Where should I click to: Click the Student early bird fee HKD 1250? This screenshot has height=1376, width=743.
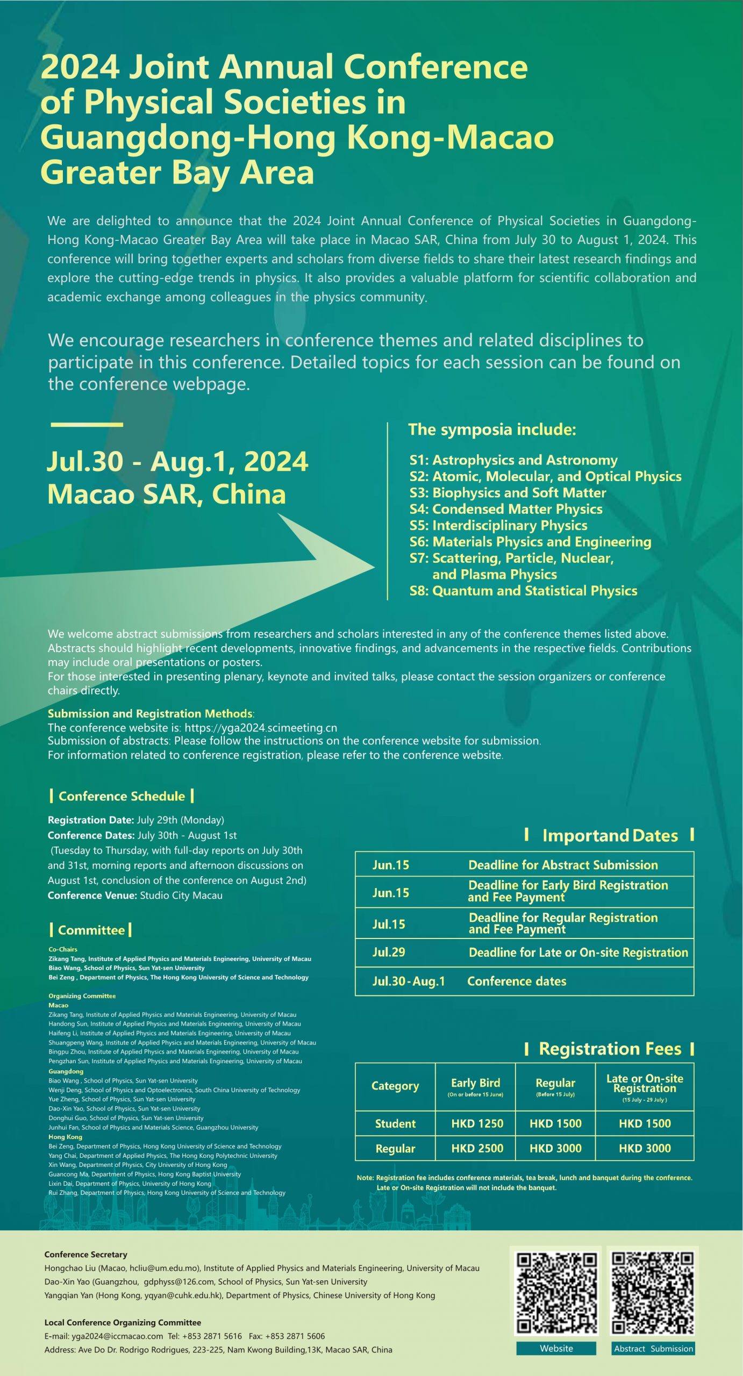click(x=477, y=1123)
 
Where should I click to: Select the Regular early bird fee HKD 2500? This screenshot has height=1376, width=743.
click(x=477, y=1148)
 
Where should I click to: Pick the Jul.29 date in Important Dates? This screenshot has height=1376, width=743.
click(x=389, y=952)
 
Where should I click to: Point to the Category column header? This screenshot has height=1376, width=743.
click(x=395, y=1086)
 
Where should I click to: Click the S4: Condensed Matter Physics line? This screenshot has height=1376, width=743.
click(x=505, y=509)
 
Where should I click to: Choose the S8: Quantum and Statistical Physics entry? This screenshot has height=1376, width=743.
click(x=523, y=591)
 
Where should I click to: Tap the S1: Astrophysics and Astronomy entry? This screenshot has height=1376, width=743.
click(x=513, y=460)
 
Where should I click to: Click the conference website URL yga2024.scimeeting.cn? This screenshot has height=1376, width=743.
click(x=261, y=728)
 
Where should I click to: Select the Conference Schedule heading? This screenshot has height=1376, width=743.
click(x=122, y=796)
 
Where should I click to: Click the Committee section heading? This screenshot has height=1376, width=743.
click(x=91, y=930)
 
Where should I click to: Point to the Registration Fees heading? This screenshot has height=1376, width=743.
click(x=610, y=1049)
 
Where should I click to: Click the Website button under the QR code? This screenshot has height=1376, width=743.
click(x=556, y=1348)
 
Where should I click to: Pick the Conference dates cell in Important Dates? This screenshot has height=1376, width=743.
click(x=517, y=981)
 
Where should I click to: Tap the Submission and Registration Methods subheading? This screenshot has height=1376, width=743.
click(x=150, y=714)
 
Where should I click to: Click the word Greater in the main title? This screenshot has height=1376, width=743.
click(x=101, y=173)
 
